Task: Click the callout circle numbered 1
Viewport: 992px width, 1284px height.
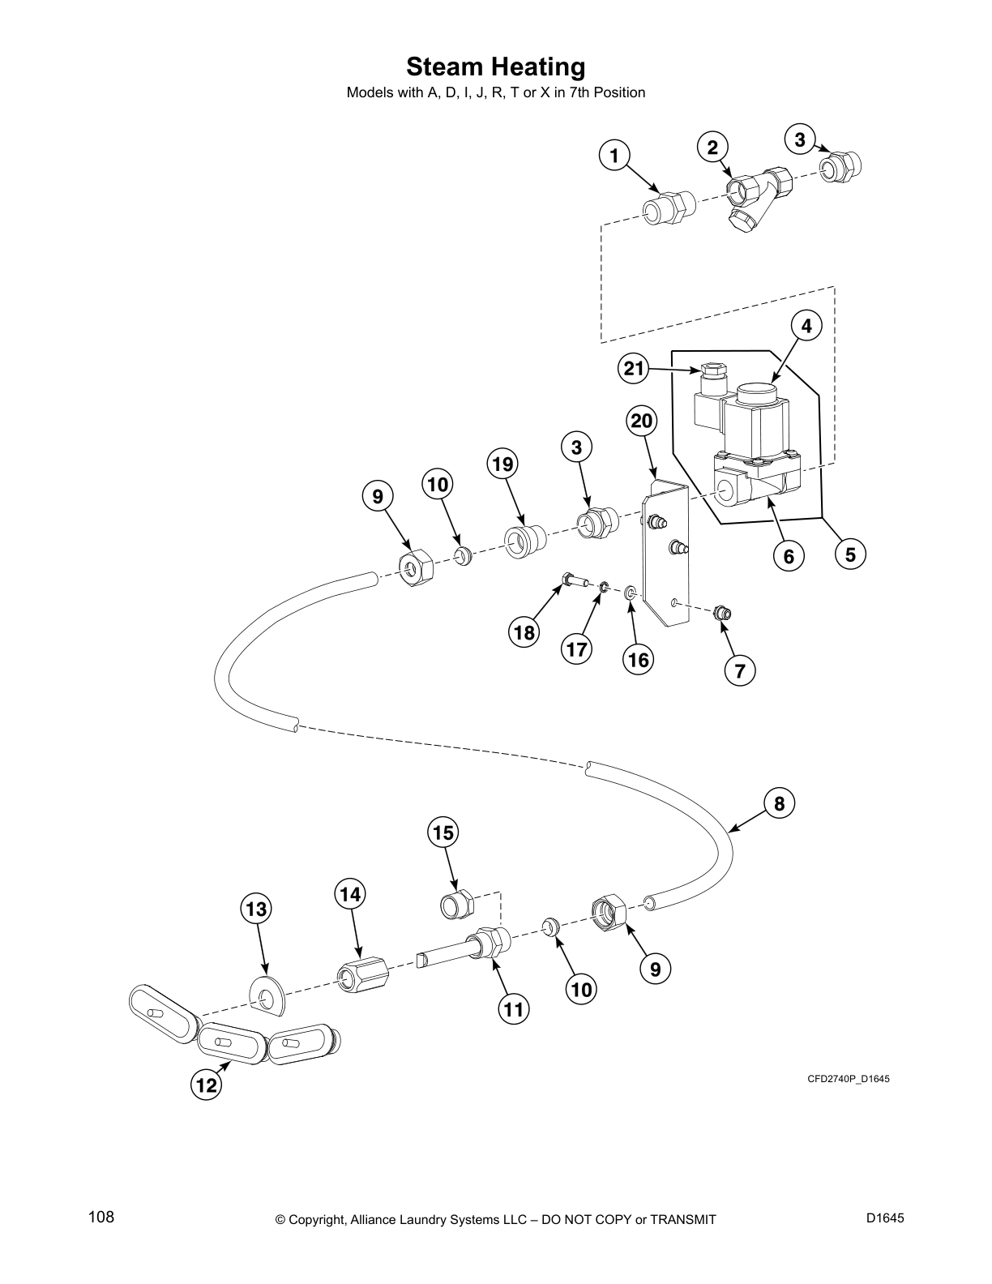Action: (x=615, y=155)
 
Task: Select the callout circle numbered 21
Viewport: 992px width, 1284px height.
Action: (x=634, y=369)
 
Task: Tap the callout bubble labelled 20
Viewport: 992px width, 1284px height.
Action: (x=641, y=421)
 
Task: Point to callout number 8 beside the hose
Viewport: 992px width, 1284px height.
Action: (x=779, y=803)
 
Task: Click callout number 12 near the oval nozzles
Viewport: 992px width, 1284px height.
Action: (x=207, y=1085)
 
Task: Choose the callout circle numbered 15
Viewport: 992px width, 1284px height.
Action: (x=443, y=832)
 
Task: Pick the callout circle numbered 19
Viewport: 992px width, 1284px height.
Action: (x=502, y=464)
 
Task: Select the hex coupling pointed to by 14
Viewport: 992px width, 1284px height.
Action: (x=361, y=971)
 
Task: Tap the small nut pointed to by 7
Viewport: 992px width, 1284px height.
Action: (x=721, y=614)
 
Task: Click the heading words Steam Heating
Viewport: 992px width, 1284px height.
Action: (x=495, y=66)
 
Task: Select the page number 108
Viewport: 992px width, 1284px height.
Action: (x=101, y=1217)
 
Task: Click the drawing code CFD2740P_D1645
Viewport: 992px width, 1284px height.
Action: (x=849, y=1079)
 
